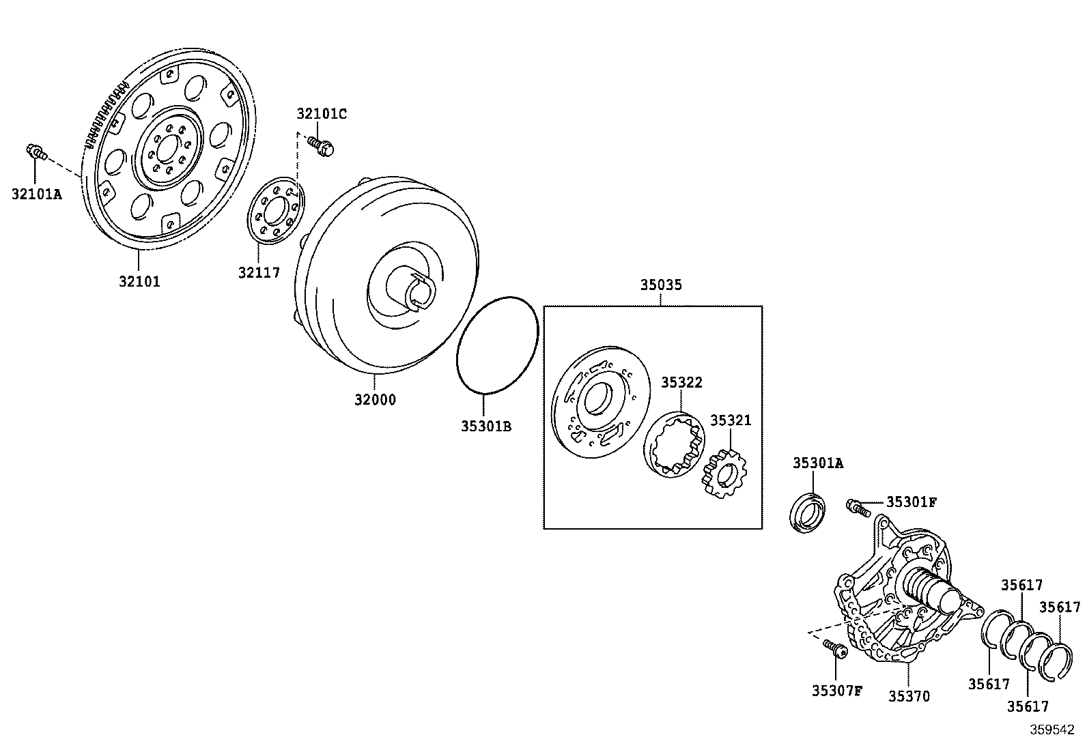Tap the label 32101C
[321, 114]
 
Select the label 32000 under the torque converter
[375, 400]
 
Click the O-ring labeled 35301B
[497, 345]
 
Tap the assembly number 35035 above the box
[660, 285]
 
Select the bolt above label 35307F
[834, 648]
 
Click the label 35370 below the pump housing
[909, 696]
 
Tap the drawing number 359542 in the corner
[1052, 730]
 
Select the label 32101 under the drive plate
[139, 281]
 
